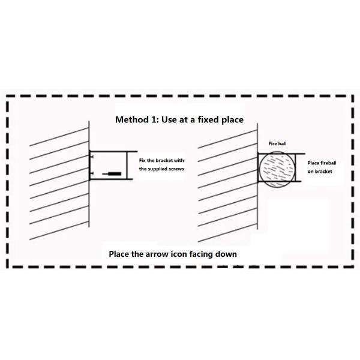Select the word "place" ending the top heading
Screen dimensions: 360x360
click(x=231, y=119)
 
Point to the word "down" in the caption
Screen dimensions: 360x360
click(x=226, y=254)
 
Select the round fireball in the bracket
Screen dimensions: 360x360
click(x=277, y=171)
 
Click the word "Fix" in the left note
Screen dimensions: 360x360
click(x=142, y=160)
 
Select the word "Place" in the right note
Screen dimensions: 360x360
click(x=314, y=163)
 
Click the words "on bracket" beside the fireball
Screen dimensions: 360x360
click(x=319, y=172)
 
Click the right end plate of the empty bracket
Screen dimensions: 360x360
click(x=127, y=166)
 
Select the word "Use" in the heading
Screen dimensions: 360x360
click(x=170, y=119)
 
